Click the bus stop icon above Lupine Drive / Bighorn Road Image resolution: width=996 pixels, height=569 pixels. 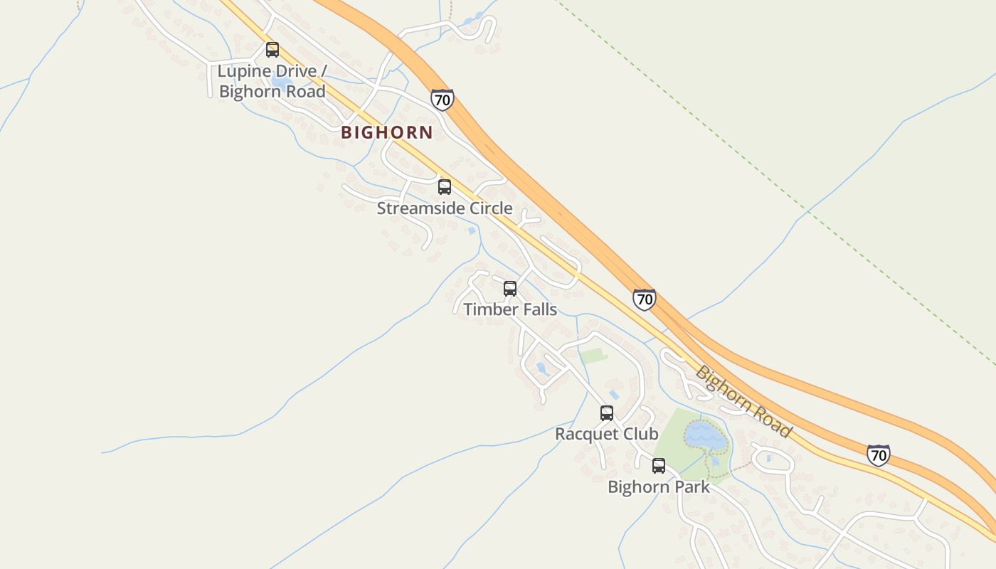tap(272, 50)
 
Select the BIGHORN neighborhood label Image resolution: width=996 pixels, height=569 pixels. tap(386, 132)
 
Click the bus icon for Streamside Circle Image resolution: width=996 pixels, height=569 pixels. tap(445, 187)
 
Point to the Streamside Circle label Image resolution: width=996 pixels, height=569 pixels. tap(445, 208)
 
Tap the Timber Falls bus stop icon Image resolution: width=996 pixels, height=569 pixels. tap(510, 289)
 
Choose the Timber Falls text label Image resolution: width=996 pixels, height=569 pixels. tap(510, 309)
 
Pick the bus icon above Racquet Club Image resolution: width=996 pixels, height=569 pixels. tap(607, 413)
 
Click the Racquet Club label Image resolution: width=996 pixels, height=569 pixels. tap(607, 434)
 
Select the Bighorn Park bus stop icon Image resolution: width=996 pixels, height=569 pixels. tap(659, 467)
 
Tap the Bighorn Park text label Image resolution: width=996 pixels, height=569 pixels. tap(659, 487)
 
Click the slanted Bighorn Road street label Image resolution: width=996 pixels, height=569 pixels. tap(743, 401)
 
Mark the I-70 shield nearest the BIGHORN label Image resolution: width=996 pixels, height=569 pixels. tap(442, 100)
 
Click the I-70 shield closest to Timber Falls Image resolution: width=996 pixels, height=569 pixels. tap(644, 299)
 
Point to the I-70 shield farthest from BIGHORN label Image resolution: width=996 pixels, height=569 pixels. tap(879, 454)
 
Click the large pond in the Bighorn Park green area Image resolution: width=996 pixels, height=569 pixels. tap(705, 435)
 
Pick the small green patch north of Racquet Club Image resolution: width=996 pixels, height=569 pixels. tap(593, 356)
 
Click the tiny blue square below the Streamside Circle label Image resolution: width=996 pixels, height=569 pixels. tap(471, 230)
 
